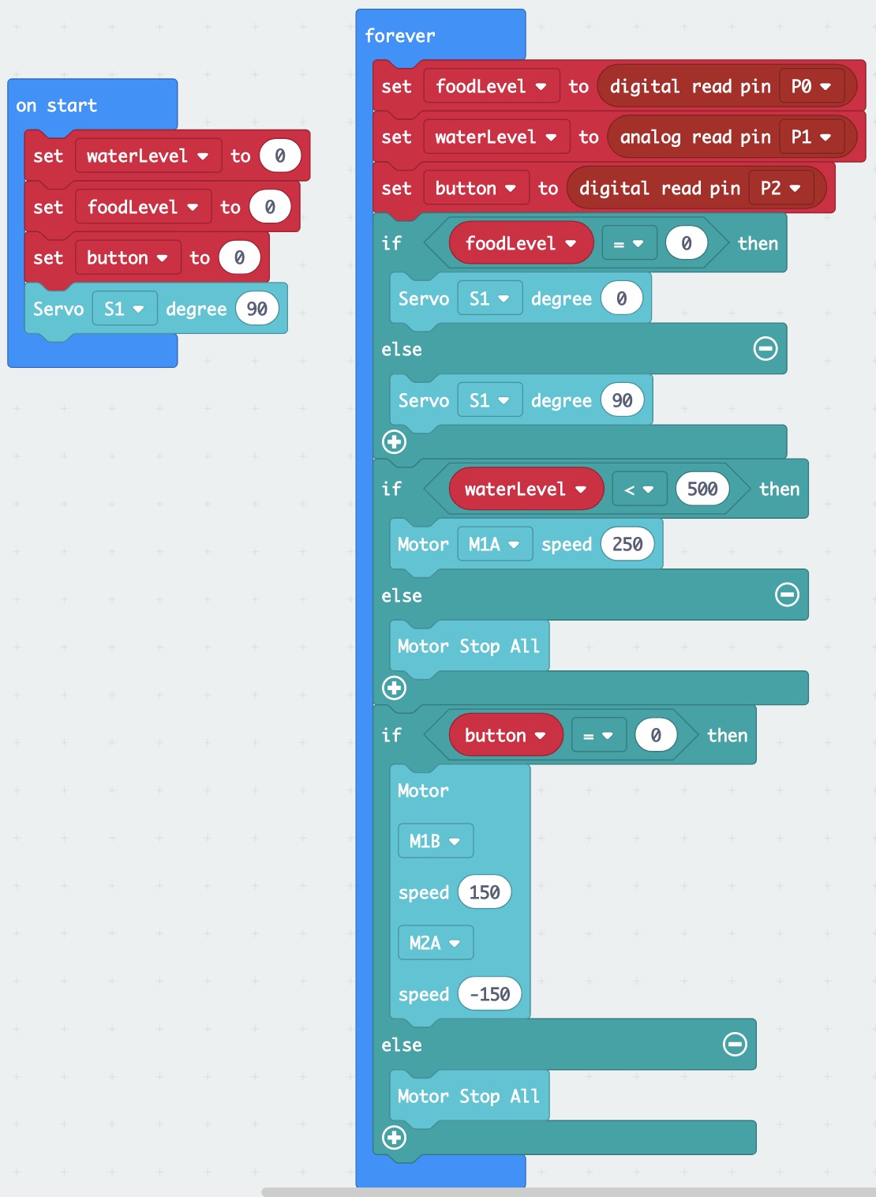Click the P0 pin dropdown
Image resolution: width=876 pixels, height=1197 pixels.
click(810, 86)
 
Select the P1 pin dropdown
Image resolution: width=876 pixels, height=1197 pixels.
click(810, 137)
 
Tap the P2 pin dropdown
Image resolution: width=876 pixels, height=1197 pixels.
click(781, 188)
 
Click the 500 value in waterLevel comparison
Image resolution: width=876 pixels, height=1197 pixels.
click(702, 489)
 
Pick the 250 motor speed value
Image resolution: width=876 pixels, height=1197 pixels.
click(627, 543)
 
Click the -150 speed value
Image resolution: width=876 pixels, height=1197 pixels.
click(489, 993)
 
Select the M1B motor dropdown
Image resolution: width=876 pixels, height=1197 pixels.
click(436, 841)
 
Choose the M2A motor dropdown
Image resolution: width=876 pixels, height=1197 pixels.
click(436, 942)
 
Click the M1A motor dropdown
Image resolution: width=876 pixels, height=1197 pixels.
click(495, 543)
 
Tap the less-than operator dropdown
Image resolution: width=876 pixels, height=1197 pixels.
click(639, 489)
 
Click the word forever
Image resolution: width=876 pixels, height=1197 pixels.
click(399, 36)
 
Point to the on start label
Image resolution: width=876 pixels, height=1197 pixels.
click(57, 105)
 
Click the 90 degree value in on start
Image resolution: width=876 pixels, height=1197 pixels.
click(257, 309)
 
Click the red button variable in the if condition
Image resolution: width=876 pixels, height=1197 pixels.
click(506, 735)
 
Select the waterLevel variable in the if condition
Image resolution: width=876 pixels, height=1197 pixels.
click(526, 489)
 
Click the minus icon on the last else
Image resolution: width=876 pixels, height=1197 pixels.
click(735, 1044)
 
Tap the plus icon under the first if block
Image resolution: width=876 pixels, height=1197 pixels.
click(395, 442)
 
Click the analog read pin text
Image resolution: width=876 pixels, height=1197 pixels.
click(695, 137)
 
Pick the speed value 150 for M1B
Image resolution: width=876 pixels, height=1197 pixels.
click(485, 891)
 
